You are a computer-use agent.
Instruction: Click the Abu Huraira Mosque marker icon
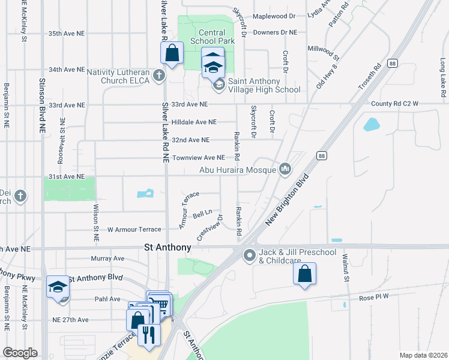click(285, 170)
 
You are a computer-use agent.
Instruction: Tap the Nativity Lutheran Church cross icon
click(158, 75)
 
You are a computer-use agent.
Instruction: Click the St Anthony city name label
click(168, 247)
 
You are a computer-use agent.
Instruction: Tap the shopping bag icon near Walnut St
click(304, 274)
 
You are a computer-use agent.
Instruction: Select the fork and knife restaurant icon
click(149, 335)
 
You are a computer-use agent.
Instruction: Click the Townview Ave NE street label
click(198, 158)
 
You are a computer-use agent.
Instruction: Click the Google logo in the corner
click(20, 353)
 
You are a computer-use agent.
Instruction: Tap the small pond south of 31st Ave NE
click(145, 193)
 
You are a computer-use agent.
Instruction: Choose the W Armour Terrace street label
click(134, 229)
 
